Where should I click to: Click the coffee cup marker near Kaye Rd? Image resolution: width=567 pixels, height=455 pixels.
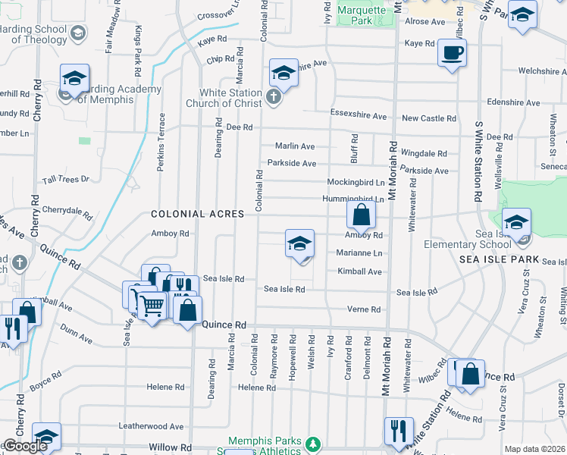(x=452, y=53)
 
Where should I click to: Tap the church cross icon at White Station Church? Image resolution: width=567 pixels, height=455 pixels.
(x=274, y=97)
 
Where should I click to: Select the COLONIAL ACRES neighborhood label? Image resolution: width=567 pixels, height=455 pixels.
(x=197, y=215)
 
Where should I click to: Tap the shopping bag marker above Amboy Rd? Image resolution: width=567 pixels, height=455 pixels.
(x=362, y=215)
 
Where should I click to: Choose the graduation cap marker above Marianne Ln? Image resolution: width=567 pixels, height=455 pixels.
(x=300, y=245)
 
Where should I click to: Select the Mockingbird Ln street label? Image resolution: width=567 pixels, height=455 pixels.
(x=356, y=182)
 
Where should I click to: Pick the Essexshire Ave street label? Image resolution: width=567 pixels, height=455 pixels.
(x=359, y=116)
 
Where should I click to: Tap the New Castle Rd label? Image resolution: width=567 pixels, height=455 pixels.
(x=429, y=118)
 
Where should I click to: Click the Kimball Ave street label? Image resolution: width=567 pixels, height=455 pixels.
(x=360, y=271)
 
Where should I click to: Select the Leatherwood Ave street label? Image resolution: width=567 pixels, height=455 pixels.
(x=156, y=427)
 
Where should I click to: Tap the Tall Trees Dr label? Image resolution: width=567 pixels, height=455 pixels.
(x=66, y=179)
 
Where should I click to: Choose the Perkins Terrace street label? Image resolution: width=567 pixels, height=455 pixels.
(x=161, y=142)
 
